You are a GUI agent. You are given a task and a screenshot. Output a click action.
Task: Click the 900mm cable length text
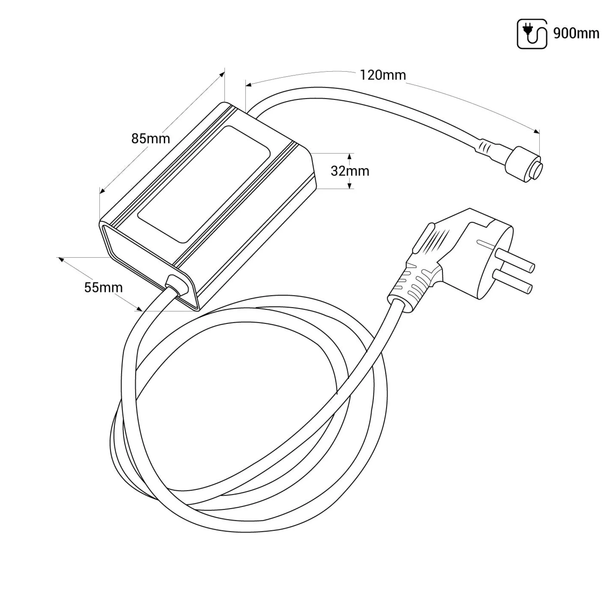(x=576, y=34)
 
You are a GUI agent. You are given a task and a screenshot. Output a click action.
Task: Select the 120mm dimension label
(x=383, y=75)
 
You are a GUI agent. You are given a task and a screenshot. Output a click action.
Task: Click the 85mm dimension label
(x=151, y=138)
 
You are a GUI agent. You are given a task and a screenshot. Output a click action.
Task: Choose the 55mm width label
(x=104, y=287)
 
